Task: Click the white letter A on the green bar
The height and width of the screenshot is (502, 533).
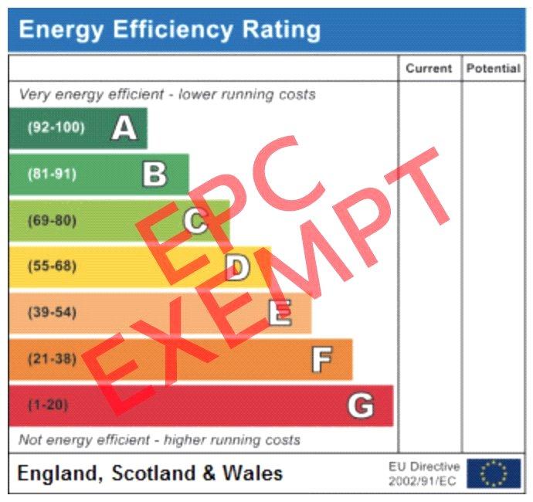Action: [x=124, y=128]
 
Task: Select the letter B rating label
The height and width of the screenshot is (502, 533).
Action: [x=154, y=175]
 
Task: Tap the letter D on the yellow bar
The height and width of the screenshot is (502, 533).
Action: [x=237, y=267]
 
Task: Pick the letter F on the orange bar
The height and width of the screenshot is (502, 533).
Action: [x=321, y=360]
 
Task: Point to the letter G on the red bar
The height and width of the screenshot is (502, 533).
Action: [x=361, y=405]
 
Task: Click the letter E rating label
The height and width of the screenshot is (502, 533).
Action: [x=280, y=314]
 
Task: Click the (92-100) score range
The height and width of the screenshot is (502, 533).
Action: [x=56, y=128]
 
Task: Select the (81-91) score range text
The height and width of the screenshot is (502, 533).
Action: [x=52, y=175]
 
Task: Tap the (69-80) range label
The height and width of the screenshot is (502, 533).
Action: [x=52, y=221]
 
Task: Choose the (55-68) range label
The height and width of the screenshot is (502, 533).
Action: [x=52, y=267]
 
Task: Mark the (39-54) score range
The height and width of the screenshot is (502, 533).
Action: [x=52, y=314]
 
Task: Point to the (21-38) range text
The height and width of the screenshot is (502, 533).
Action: [x=52, y=359]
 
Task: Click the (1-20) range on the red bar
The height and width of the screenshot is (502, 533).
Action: [x=48, y=405]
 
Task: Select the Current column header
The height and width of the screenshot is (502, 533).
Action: [x=429, y=68]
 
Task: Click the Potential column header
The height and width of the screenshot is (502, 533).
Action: [x=493, y=68]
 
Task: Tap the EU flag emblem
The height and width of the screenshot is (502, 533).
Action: [x=494, y=473]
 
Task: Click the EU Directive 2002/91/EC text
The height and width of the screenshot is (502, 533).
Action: [x=424, y=473]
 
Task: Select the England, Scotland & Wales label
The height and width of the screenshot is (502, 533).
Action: [x=150, y=473]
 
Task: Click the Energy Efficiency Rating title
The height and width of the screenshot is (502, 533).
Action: [x=169, y=30]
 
